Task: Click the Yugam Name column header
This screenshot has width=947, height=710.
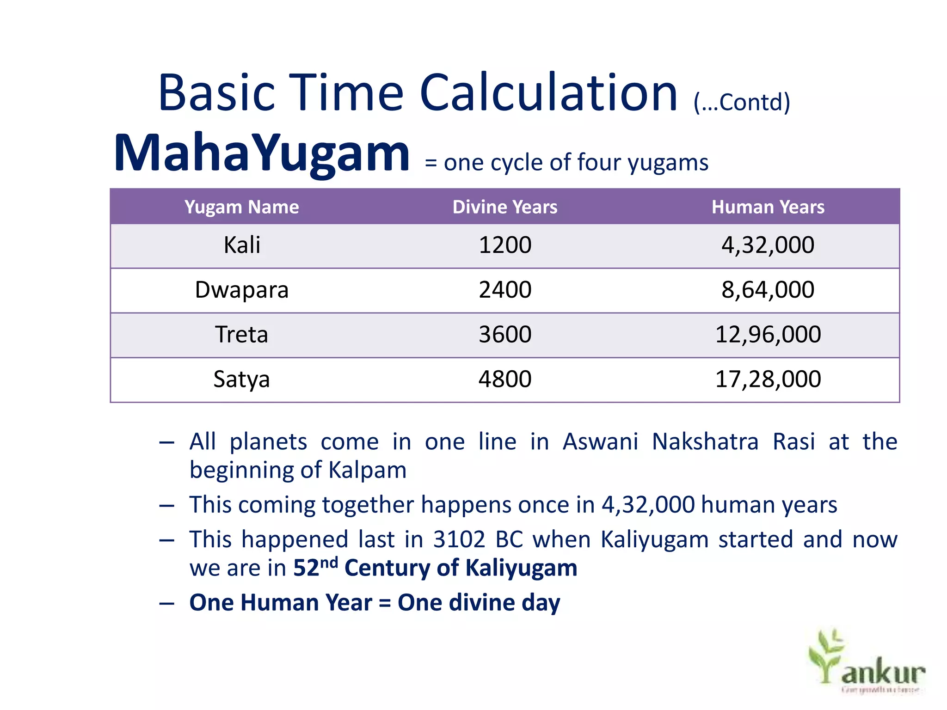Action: pos(241,207)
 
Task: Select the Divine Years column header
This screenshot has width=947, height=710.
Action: pos(505,207)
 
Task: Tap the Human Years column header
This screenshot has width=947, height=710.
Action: pos(768,207)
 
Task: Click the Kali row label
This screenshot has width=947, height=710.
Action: pos(242,245)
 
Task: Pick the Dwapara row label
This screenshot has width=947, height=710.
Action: pos(242,290)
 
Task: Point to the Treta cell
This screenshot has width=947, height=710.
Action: pos(242,335)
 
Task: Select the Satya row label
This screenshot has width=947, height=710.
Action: pos(242,379)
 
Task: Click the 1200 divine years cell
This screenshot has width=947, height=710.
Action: pos(505,245)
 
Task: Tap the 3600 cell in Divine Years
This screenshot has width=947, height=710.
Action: pos(505,335)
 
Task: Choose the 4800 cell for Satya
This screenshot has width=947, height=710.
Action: pos(505,379)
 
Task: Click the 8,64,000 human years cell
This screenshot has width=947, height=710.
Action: pos(768,290)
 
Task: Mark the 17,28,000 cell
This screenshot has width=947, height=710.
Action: pos(768,379)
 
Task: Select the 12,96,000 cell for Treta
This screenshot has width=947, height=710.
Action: pos(768,335)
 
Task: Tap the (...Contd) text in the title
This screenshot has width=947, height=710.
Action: pos(742,103)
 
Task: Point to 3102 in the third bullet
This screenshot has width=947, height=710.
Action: pos(459,539)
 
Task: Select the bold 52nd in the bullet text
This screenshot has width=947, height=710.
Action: pos(315,567)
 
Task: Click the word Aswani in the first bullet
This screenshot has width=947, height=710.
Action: pos(600,442)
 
